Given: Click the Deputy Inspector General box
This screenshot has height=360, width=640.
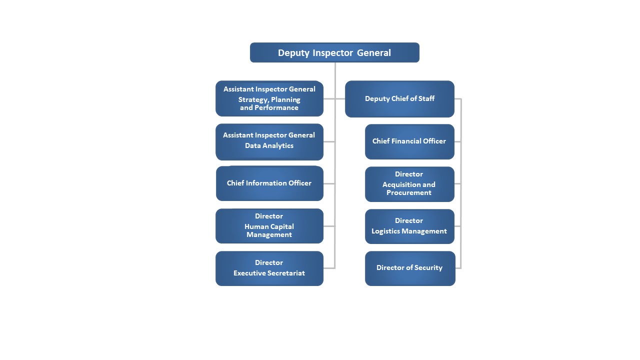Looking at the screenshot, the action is pyautogui.click(x=334, y=52).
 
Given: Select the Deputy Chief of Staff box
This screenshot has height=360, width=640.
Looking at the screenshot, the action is pyautogui.click(x=399, y=99).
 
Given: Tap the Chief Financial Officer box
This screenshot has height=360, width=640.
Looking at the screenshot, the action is pyautogui.click(x=409, y=141).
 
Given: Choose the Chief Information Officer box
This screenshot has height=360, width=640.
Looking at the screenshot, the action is pyautogui.click(x=269, y=183).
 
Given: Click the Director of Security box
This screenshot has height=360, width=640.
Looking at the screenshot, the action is pyautogui.click(x=410, y=268).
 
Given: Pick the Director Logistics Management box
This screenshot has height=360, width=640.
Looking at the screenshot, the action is pyautogui.click(x=409, y=226).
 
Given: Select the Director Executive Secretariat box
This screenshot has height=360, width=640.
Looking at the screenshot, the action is pyautogui.click(x=269, y=268).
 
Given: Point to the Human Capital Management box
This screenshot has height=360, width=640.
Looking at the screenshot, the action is pyautogui.click(x=269, y=225).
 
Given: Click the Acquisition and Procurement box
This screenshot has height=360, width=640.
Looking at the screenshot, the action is pyautogui.click(x=409, y=184).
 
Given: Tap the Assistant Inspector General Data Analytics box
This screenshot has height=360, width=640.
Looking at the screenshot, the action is pyautogui.click(x=269, y=141).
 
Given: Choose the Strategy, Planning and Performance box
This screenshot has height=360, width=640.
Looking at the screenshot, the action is pyautogui.click(x=269, y=98).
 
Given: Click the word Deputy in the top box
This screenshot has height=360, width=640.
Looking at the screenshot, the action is pyautogui.click(x=293, y=53).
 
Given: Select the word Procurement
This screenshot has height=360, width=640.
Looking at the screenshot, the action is pyautogui.click(x=409, y=192).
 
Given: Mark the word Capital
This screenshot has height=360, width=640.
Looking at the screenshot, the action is pyautogui.click(x=282, y=227).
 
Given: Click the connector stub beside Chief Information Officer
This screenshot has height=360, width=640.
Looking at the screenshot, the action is pyautogui.click(x=329, y=183).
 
